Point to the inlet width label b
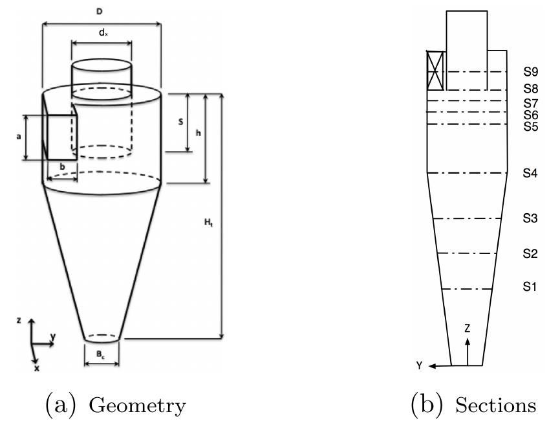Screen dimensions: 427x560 [62, 167]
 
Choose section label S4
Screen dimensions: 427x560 [530, 174]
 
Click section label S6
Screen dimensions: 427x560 [530, 115]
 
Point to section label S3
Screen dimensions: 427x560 [530, 218]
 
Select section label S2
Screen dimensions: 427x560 [530, 254]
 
